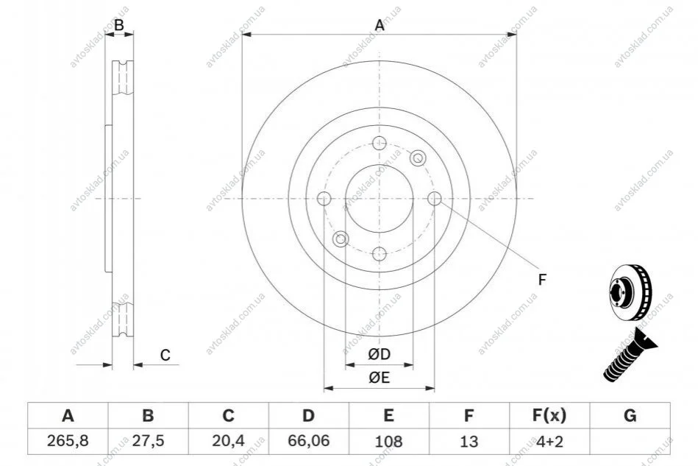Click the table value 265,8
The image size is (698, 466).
[x=68, y=441]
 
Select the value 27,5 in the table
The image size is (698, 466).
[x=148, y=441]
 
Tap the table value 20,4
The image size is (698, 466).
[x=228, y=441]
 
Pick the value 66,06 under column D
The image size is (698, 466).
[x=308, y=441]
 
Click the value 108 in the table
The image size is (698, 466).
[x=388, y=441]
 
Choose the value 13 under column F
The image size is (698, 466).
[x=469, y=441]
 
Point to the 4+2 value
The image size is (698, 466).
[x=549, y=441]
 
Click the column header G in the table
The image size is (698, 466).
[x=630, y=415]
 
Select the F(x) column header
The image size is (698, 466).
[x=549, y=416]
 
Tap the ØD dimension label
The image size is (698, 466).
[x=379, y=354]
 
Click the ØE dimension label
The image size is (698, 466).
[x=379, y=378]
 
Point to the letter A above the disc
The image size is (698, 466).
[x=380, y=25]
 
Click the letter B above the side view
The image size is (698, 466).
[x=119, y=25]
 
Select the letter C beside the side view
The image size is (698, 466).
[x=165, y=356]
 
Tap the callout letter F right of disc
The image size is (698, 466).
[x=542, y=280]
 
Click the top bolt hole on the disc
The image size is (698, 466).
[x=380, y=143]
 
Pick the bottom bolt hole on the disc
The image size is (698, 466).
[x=380, y=255]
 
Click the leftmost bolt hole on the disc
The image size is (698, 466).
[x=324, y=199]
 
